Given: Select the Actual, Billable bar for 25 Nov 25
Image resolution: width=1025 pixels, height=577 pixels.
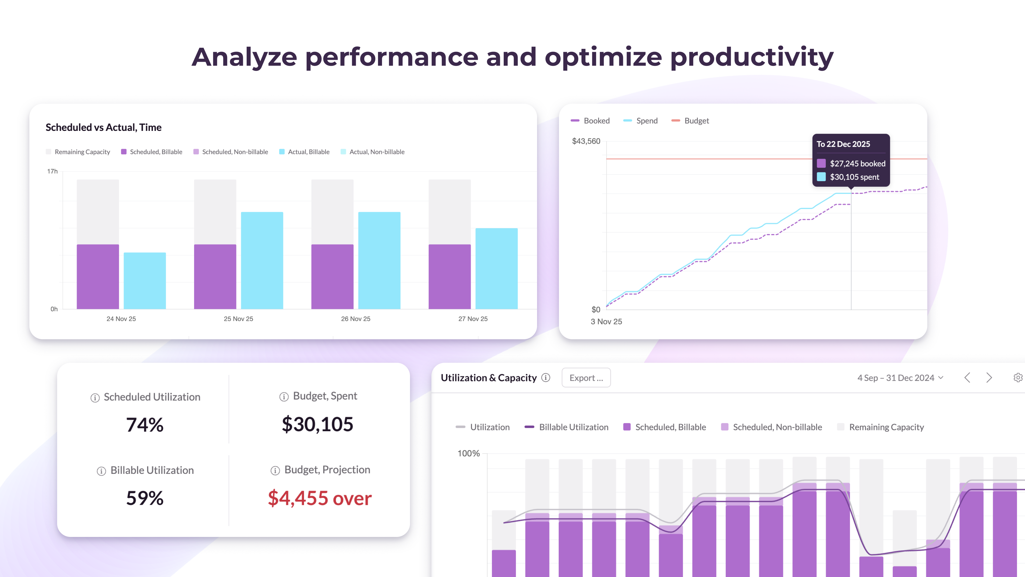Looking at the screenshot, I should (x=262, y=260).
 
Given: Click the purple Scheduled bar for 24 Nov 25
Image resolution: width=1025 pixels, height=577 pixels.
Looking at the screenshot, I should (x=98, y=276).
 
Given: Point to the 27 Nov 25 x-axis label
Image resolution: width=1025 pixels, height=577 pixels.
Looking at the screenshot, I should (x=473, y=319).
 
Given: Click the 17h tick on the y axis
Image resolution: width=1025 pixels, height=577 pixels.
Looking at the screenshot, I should (x=52, y=171).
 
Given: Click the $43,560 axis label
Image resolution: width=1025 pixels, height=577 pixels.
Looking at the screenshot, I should (x=586, y=141).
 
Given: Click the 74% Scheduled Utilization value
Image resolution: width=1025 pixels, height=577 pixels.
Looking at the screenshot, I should (x=145, y=424).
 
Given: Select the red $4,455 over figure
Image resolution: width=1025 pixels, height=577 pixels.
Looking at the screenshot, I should (x=320, y=498).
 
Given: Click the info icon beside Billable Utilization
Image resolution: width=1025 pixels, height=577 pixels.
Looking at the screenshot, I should (x=101, y=471).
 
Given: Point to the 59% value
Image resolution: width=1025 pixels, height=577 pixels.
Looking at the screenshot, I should (x=145, y=498).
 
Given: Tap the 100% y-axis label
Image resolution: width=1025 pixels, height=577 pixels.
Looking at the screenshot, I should (x=468, y=453).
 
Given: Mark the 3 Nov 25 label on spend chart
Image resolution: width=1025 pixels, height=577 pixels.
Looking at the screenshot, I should (x=606, y=321).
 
